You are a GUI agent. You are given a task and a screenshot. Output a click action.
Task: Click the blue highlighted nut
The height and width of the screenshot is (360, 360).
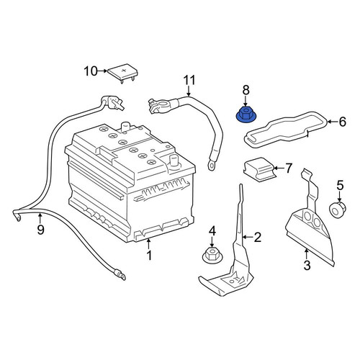pos(245,115)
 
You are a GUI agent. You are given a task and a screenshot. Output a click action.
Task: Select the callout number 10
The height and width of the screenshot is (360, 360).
pos(91,71)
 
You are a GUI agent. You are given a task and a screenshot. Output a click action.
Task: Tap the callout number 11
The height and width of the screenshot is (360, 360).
pos(189,80)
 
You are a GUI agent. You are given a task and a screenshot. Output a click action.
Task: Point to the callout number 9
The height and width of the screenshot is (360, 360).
pos(40,230)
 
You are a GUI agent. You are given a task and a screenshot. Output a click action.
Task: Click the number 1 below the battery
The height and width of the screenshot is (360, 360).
pos(149,256)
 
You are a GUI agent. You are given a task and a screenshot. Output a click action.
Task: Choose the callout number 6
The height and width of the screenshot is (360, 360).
pos(342,122)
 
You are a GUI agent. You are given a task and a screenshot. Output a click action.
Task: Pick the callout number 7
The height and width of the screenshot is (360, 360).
pos(288,168)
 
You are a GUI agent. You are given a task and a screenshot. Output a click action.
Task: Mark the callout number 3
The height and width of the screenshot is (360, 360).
pos(307,266)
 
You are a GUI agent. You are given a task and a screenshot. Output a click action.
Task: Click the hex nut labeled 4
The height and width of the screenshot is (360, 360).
pos(212,256)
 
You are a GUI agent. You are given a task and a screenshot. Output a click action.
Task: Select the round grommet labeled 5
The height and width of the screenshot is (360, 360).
pos(338,210)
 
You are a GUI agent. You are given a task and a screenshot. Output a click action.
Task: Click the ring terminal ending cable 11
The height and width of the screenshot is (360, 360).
pos(212,166)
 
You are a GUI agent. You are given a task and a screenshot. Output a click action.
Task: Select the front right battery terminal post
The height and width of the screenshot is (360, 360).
pos(174,161)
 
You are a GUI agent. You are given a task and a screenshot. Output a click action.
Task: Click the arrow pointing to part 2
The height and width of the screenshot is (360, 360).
pos(248,237)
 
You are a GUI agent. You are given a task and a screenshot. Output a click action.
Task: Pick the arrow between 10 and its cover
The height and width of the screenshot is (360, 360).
pos(103,71)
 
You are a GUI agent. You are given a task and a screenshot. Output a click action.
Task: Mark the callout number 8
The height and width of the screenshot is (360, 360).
pos(246,90)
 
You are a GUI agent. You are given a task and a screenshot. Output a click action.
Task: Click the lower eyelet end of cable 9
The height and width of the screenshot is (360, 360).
pos(122,276)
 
